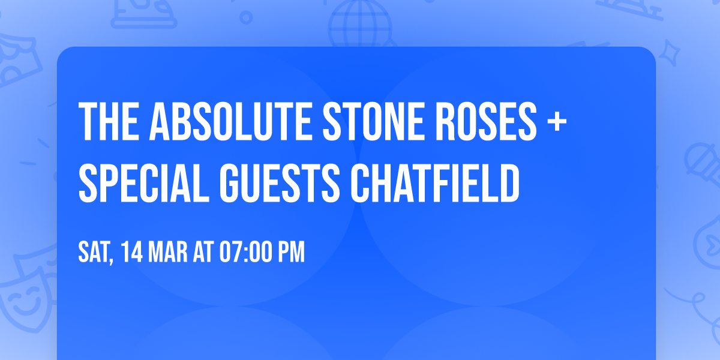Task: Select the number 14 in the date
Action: [x=131, y=253]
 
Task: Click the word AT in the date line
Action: [x=203, y=253]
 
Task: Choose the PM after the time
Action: [x=291, y=253]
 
